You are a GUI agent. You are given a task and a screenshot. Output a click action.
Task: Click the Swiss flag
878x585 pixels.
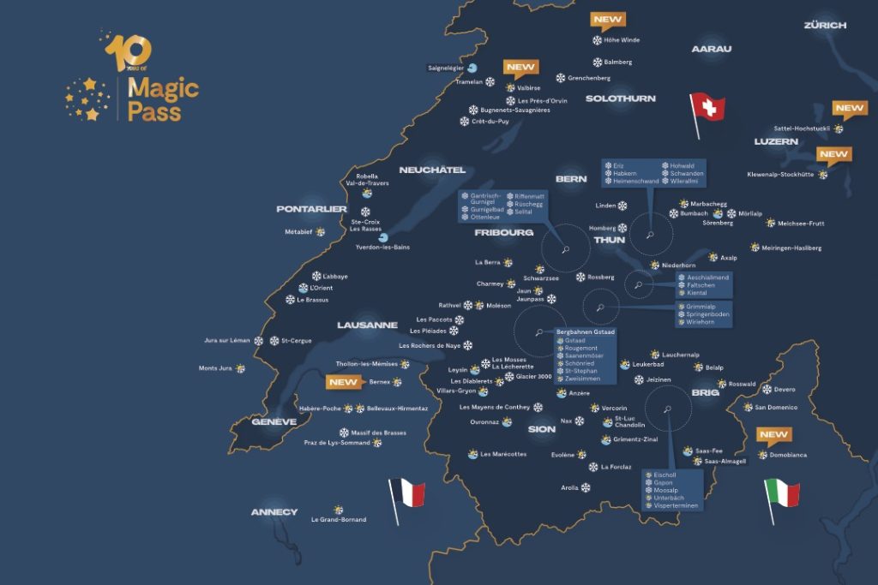pyautogui.click(x=709, y=108)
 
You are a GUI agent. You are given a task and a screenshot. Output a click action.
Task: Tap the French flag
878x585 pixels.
pyautogui.click(x=409, y=492)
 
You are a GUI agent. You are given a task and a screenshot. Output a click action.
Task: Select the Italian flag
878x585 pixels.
pyautogui.click(x=784, y=493)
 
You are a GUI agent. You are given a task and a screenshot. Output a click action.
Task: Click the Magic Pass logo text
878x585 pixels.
pyautogui.click(x=162, y=99)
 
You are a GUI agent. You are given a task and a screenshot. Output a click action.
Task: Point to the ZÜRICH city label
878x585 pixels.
pyautogui.click(x=824, y=26)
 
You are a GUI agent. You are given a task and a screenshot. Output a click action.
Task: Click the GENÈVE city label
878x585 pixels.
pyautogui.click(x=274, y=421)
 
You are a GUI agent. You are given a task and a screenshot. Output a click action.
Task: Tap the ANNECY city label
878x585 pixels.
pyautogui.click(x=274, y=512)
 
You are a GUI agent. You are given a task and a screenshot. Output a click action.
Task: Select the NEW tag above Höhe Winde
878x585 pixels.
pyautogui.click(x=608, y=20)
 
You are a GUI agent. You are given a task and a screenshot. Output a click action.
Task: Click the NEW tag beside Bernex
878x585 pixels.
pyautogui.click(x=344, y=382)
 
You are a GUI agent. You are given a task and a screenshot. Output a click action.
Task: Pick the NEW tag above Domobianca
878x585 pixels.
pyautogui.click(x=774, y=435)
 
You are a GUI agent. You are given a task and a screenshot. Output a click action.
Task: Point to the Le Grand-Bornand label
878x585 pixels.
pyautogui.click(x=339, y=520)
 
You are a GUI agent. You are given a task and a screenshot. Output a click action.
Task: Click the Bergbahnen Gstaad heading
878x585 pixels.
pyautogui.click(x=586, y=331)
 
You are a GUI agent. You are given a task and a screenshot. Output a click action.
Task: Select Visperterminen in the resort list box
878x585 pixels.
pyautogui.click(x=677, y=506)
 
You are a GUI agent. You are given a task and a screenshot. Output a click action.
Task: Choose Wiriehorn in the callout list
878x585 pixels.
pyautogui.click(x=701, y=322)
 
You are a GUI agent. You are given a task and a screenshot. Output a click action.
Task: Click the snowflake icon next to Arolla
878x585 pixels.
pyautogui.click(x=586, y=487)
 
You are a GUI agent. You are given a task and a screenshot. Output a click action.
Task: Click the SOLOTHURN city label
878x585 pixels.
pyautogui.click(x=620, y=98)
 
